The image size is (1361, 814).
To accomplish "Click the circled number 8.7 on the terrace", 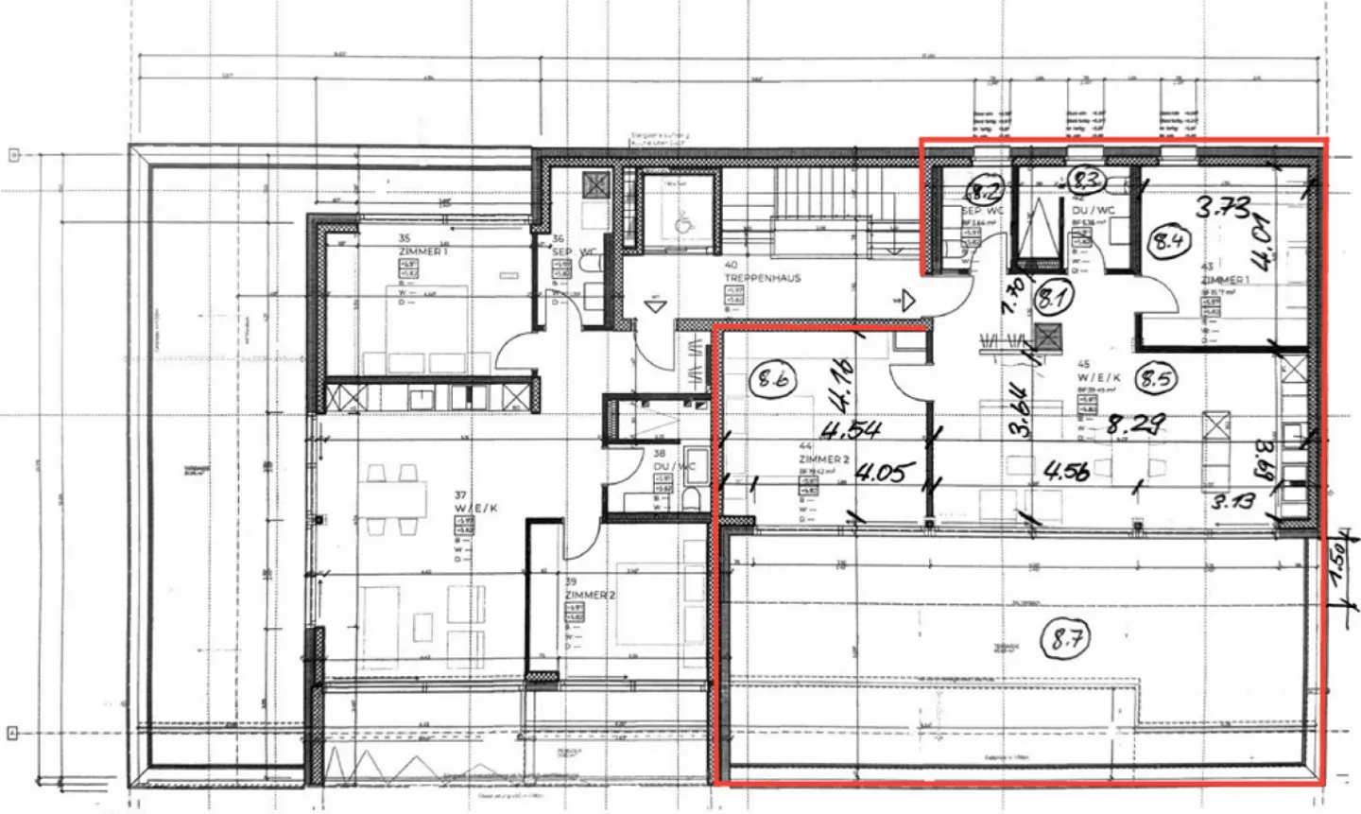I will pos(1065,640).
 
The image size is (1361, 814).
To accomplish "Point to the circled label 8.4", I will pos(1165,241).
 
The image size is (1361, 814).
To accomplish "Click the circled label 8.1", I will pos(1050,300).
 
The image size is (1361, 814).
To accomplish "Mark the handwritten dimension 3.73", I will pos(1223,205).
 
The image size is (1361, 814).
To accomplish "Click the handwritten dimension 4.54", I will pos(852,431).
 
